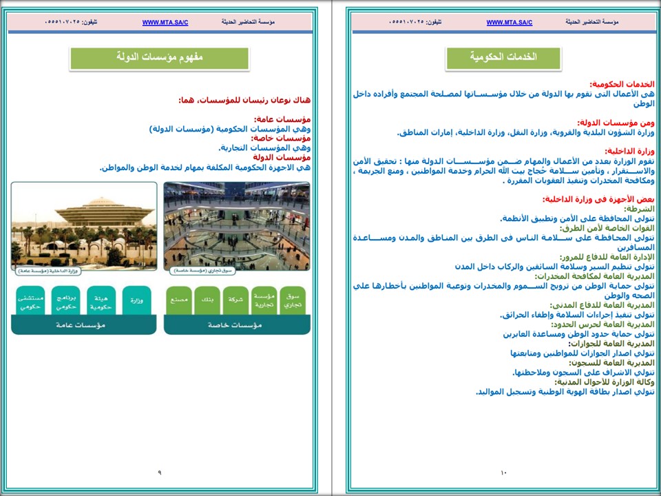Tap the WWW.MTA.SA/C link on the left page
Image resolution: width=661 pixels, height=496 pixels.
pos(165,23)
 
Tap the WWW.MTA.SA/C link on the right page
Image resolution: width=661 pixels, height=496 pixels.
pos(509,23)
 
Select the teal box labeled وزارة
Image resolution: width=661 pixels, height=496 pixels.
pos(136,301)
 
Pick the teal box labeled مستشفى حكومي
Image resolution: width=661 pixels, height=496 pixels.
pos(30,301)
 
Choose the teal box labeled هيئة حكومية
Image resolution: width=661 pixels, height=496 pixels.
pos(101,301)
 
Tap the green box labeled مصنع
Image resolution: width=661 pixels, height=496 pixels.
pos(178,301)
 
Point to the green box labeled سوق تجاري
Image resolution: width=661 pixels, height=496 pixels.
pos(293,301)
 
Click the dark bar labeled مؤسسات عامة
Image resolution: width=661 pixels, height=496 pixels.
pos(83,325)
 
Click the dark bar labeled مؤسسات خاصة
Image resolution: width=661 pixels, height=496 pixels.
pos(236,325)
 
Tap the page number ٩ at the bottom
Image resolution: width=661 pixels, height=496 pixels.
pos(159,473)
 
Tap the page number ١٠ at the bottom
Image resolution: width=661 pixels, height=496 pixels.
pos(503,473)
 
